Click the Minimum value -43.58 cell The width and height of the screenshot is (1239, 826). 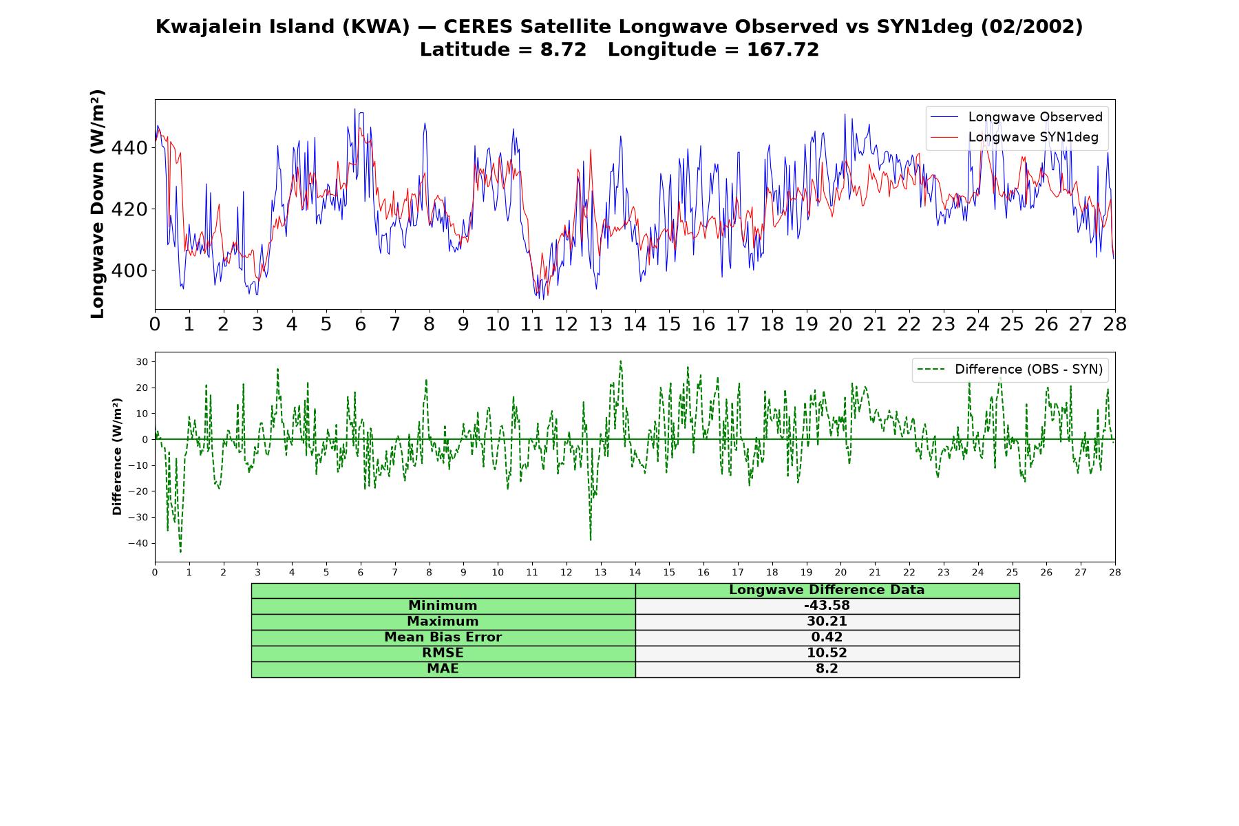827,606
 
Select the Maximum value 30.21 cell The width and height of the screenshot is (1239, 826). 827,622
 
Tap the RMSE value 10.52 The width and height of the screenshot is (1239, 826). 827,653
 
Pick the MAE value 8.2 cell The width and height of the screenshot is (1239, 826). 827,669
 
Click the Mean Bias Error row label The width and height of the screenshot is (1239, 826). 443,637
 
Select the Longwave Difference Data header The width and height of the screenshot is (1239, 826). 827,590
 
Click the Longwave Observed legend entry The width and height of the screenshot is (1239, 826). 1016,117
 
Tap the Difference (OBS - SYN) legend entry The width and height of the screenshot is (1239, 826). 1010,370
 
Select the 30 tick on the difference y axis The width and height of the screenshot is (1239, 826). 142,361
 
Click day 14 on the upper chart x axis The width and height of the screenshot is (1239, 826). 635,324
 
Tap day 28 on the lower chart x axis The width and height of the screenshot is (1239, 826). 1114,572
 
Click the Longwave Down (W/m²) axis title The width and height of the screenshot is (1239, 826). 97,204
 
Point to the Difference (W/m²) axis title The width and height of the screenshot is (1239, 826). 117,456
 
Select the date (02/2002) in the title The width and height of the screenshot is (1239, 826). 1031,27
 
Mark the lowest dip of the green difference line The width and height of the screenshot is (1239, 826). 180,552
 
